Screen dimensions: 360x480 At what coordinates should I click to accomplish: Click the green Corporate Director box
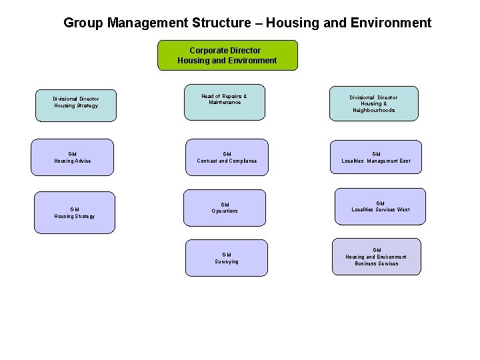tap(227, 55)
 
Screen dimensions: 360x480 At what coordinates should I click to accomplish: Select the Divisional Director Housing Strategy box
tap(76, 105)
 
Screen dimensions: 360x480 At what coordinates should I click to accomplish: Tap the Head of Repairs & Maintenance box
tap(225, 102)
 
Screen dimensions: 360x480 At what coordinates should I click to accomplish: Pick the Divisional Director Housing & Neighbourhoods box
tap(374, 103)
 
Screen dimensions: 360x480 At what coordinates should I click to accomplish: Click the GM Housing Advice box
tap(73, 157)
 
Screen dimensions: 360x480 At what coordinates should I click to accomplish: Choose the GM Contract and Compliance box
tap(227, 157)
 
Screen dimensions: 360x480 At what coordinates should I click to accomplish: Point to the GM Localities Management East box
tap(377, 157)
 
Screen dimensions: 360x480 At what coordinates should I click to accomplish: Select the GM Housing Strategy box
tap(75, 213)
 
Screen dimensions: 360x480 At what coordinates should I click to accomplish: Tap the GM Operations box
tap(225, 207)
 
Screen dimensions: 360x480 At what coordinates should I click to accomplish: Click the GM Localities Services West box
tap(380, 207)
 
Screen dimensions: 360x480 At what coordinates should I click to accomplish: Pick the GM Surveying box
tap(227, 257)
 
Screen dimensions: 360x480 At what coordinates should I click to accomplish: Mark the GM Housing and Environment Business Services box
tap(377, 257)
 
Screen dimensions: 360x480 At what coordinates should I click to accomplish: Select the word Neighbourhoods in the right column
tap(375, 111)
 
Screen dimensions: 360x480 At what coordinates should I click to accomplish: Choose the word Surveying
tap(227, 261)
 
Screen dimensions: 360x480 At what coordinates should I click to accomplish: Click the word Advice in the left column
tap(83, 161)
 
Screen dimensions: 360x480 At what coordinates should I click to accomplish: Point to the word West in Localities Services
tap(403, 210)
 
